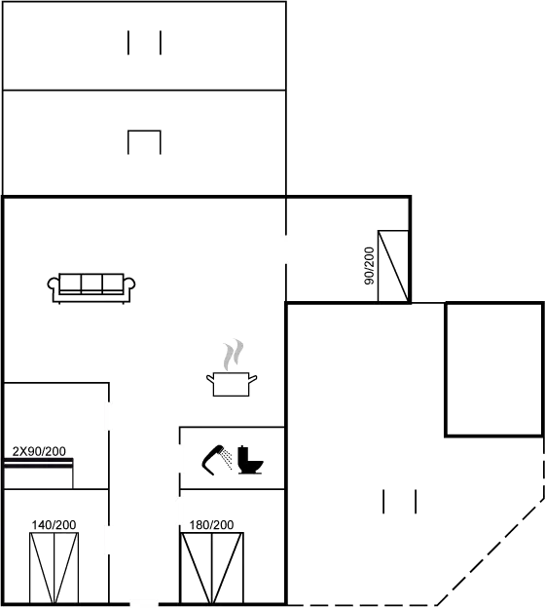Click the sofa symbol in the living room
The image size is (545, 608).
(91, 288)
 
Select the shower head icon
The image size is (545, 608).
(217, 460)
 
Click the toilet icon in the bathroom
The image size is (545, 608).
(250, 460)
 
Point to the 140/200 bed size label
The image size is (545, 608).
(54, 525)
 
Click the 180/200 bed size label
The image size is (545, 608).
(211, 525)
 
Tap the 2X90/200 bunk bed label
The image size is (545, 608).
(39, 451)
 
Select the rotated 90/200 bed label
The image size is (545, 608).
(370, 266)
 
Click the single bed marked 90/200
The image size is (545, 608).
(393, 266)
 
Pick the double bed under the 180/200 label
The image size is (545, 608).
(212, 568)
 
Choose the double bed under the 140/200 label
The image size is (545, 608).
(54, 568)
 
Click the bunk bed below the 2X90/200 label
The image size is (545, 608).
(38, 474)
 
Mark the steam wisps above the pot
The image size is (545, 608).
(234, 355)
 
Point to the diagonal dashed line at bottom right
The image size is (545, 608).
(490, 551)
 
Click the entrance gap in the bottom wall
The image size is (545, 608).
(144, 604)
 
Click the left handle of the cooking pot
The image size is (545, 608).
(210, 378)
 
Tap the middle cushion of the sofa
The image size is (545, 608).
(91, 283)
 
